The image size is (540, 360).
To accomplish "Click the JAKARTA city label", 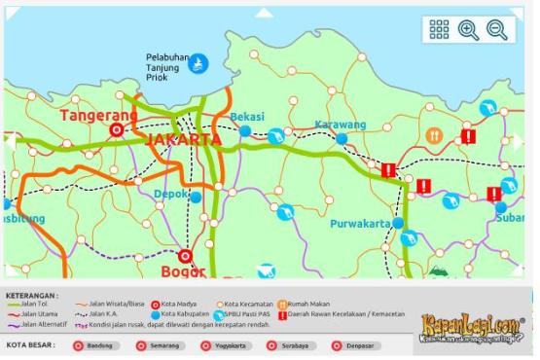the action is (x=184, y=139).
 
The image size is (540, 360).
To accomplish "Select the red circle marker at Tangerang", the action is (x=117, y=129).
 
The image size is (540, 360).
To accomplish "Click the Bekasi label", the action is (x=247, y=117).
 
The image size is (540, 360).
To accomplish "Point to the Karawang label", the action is (x=341, y=125).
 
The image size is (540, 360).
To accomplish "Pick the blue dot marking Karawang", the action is (x=342, y=139).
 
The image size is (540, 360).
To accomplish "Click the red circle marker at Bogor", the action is (x=185, y=258).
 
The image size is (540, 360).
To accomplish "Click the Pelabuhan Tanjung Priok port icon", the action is (x=198, y=63).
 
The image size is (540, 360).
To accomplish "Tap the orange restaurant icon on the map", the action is (x=435, y=135).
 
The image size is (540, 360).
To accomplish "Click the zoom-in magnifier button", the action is (x=468, y=30).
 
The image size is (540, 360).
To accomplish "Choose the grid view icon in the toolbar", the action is (x=439, y=30).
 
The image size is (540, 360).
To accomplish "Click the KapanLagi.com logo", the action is (x=472, y=327).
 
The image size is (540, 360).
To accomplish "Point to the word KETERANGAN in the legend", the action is (x=32, y=295).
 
